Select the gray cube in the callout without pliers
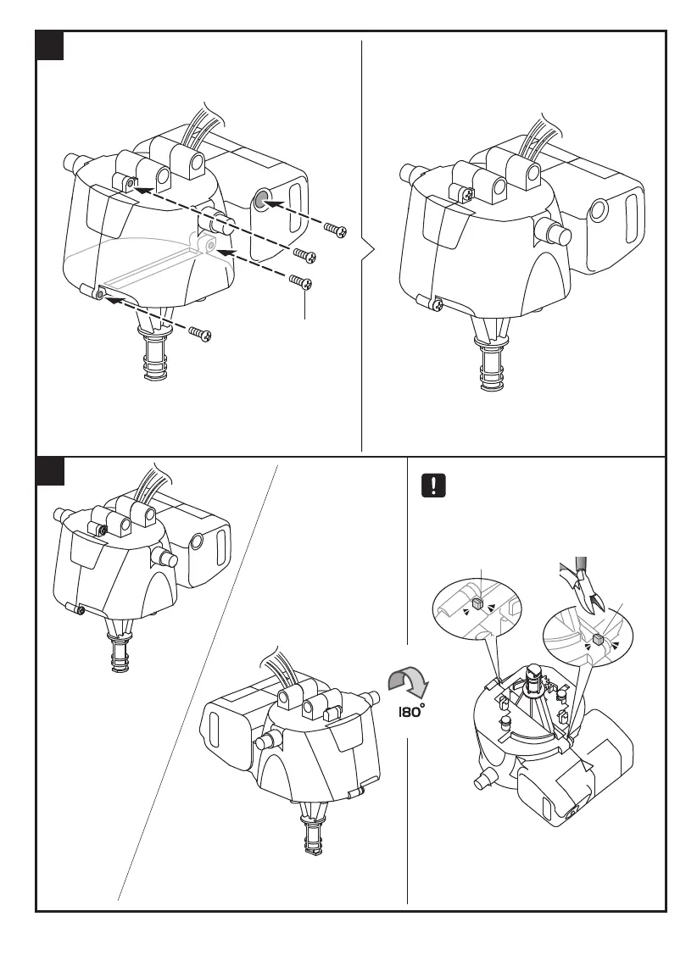[477, 603]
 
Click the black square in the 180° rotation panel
[50, 471]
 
